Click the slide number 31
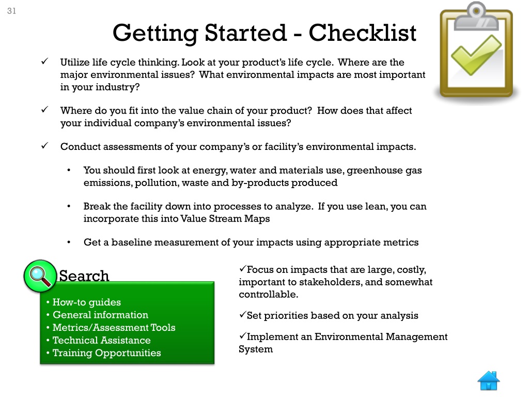click(11, 11)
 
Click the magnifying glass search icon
click(40, 276)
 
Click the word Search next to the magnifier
click(84, 276)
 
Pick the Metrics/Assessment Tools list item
click(114, 328)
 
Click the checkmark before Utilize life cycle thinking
click(44, 63)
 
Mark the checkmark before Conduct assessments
click(44, 146)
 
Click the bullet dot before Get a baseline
click(69, 242)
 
